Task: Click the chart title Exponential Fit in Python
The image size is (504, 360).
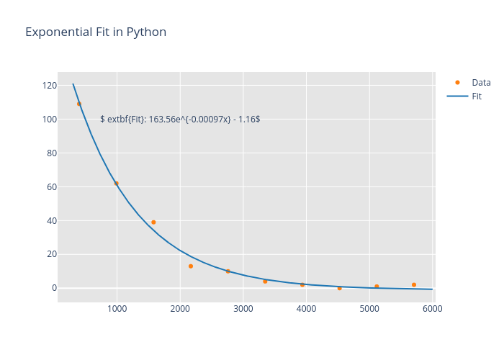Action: [96, 32]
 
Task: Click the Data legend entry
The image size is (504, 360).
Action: [481, 82]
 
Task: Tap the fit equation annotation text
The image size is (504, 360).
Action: [180, 119]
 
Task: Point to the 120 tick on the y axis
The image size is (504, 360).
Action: [49, 86]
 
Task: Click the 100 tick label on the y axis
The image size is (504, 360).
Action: [49, 120]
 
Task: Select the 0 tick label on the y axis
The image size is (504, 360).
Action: [53, 288]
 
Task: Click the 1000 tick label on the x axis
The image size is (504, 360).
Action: [117, 309]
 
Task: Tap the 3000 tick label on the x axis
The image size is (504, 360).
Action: [243, 309]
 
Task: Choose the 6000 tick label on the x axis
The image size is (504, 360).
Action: [433, 309]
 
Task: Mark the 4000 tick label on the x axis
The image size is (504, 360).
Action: [307, 309]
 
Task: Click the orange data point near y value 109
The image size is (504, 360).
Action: [79, 104]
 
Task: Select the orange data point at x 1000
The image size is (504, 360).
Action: [116, 184]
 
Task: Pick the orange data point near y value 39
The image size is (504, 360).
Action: [153, 222]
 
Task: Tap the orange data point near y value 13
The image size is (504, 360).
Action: [191, 266]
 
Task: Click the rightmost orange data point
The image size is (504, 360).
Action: [414, 285]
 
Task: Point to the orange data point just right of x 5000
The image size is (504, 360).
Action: [377, 287]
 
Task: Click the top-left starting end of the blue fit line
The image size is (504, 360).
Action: [73, 84]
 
